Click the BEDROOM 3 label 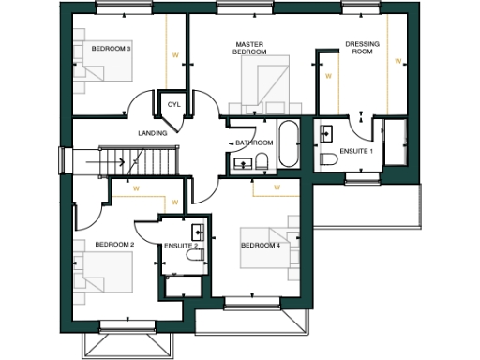(x=110, y=48)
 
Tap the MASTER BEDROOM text (x=250, y=48)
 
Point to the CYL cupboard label (x=172, y=104)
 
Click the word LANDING (x=152, y=133)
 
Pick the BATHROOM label (x=254, y=142)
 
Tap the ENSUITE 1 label (x=356, y=151)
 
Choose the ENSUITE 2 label (x=179, y=246)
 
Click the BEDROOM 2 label (x=112, y=245)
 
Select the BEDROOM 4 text (x=261, y=246)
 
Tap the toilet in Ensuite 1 (x=329, y=159)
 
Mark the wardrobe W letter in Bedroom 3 (x=175, y=55)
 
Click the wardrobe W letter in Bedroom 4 (x=277, y=187)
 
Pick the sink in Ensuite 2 (x=198, y=231)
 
